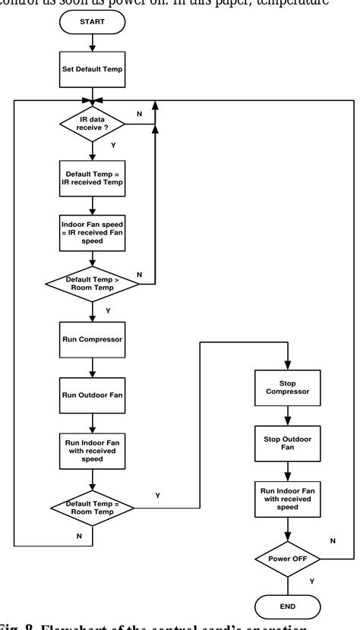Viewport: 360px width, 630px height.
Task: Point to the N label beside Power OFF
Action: [x=333, y=540]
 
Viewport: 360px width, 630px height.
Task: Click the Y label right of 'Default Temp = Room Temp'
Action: [x=157, y=495]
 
